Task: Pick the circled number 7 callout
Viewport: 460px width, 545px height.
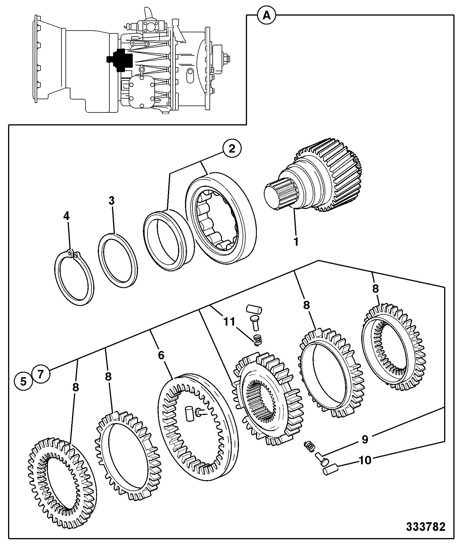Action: pyautogui.click(x=41, y=374)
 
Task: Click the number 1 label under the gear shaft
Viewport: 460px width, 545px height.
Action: pyautogui.click(x=296, y=242)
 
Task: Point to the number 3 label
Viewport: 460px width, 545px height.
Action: pyautogui.click(x=111, y=201)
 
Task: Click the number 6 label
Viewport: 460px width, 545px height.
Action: pyautogui.click(x=161, y=355)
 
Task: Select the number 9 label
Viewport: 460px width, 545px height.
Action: pyautogui.click(x=365, y=439)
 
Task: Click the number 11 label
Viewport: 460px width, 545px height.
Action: pyautogui.click(x=229, y=321)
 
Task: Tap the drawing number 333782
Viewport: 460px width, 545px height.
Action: pyautogui.click(x=426, y=527)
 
